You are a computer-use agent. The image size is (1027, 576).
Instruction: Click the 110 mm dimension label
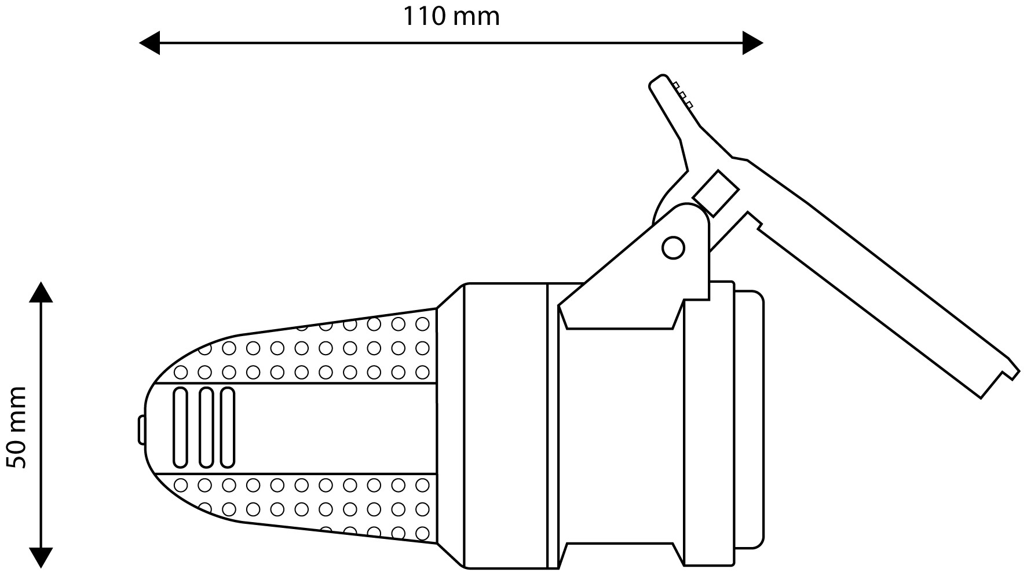451,17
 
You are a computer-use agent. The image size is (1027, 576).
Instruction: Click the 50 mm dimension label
17,428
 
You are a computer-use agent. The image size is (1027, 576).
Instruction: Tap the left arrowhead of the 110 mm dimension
149,43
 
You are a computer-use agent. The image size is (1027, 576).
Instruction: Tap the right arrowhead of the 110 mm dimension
753,43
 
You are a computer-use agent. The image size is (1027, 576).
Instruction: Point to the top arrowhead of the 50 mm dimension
41,292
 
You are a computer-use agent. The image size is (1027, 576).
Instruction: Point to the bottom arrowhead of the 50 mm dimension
41,557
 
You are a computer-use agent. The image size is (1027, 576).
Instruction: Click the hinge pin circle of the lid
673,248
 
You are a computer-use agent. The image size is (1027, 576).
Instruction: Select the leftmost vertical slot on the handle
181,427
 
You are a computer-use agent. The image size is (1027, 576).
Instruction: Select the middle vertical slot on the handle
206,427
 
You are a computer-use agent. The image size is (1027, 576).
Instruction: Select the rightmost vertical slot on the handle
228,427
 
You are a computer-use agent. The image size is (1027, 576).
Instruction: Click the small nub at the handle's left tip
141,429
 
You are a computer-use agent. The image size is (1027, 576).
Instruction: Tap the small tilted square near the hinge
716,192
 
